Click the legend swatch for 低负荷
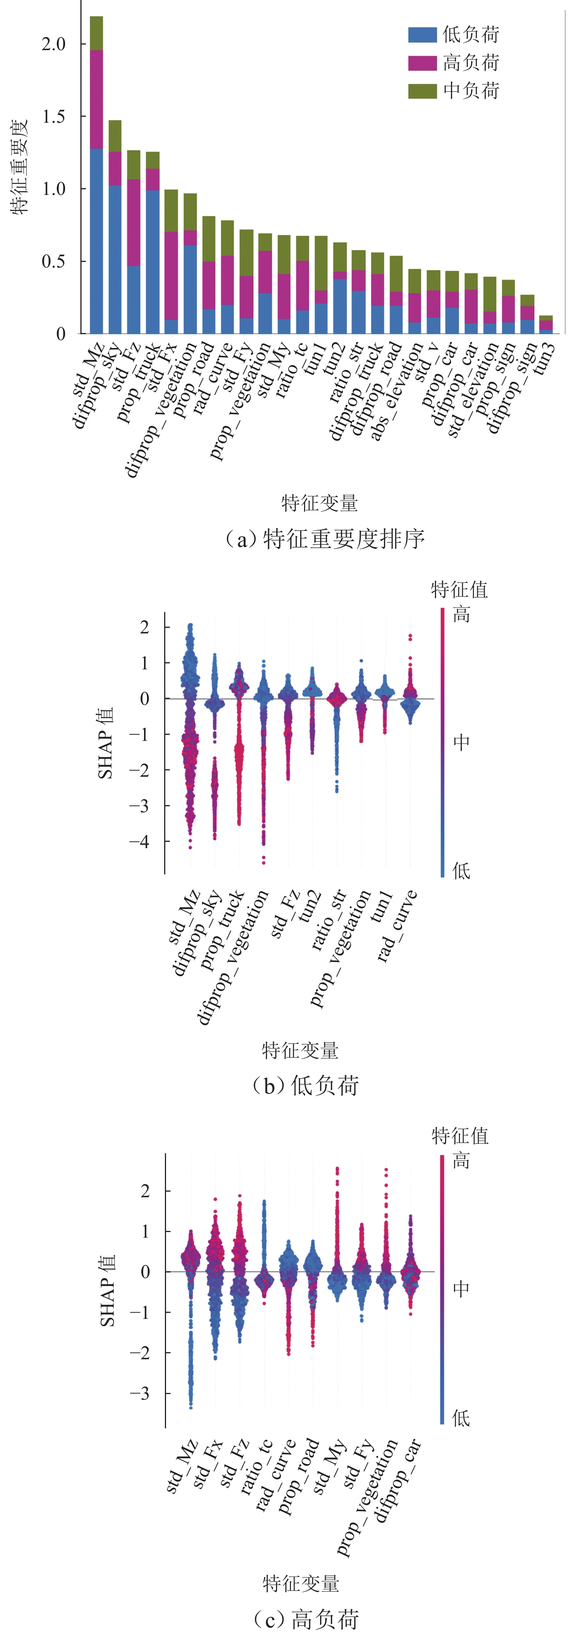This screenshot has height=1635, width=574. point(422,35)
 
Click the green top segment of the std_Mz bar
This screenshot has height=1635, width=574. point(96,33)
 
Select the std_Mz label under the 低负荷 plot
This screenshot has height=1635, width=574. point(185,917)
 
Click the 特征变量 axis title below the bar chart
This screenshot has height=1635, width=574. point(320,503)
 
